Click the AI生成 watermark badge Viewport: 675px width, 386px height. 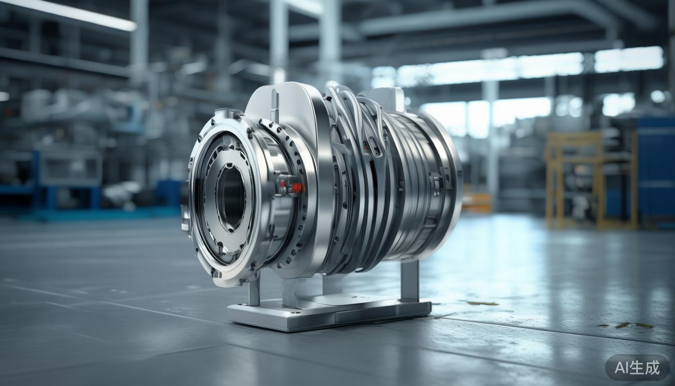point(637,367)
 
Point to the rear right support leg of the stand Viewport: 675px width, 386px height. point(409,281)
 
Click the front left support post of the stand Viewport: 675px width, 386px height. point(254,292)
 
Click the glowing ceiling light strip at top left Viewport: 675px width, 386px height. point(70,13)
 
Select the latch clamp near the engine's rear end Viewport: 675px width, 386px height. point(435,183)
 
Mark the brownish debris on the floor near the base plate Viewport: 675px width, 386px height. point(482,303)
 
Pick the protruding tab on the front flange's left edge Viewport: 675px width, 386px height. point(186,221)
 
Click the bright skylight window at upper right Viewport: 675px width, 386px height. point(628,59)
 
